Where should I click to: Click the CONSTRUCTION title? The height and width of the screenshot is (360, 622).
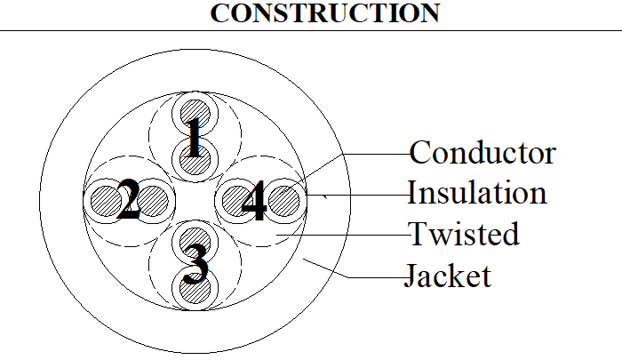click(325, 13)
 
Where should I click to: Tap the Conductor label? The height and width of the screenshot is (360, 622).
click(482, 152)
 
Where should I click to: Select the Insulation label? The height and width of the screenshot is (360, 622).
click(477, 193)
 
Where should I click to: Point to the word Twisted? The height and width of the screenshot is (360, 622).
click(464, 234)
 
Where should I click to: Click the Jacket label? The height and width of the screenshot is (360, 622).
click(448, 275)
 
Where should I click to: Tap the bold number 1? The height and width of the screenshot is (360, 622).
click(194, 137)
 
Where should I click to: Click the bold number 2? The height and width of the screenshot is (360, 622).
click(128, 199)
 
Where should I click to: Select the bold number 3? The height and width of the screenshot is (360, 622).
click(195, 264)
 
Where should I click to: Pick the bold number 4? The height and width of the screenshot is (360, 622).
click(254, 200)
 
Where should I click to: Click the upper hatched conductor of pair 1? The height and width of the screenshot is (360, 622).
click(195, 115)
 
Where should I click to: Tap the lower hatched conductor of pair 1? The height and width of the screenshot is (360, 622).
click(195, 160)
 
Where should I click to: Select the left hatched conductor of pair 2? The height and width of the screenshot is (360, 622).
click(106, 201)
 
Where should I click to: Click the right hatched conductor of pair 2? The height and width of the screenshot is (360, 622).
click(153, 201)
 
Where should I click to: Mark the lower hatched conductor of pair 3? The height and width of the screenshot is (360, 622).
click(195, 288)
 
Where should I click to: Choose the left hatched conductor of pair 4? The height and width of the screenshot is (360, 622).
click(237, 201)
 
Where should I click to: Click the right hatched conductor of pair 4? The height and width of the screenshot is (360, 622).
click(283, 201)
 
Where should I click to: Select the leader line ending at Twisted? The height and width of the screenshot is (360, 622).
click(343, 235)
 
